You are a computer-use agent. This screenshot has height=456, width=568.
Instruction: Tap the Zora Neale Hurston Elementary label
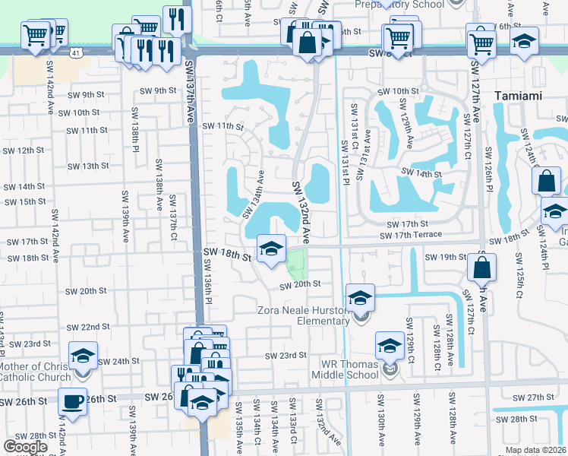click(311, 315)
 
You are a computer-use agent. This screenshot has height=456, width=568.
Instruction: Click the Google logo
click(26, 447)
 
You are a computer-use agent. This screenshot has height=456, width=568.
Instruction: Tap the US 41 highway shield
click(75, 52)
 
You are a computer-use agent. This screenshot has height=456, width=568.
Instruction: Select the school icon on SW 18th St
click(271, 248)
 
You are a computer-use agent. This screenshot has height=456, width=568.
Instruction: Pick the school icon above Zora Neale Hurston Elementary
click(361, 296)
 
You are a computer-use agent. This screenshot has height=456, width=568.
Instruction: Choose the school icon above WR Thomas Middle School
click(390, 347)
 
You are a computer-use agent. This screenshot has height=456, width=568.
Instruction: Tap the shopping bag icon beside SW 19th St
click(482, 267)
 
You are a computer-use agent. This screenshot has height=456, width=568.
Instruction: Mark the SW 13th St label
click(88, 166)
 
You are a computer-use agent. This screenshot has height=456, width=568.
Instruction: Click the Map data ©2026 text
click(536, 450)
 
